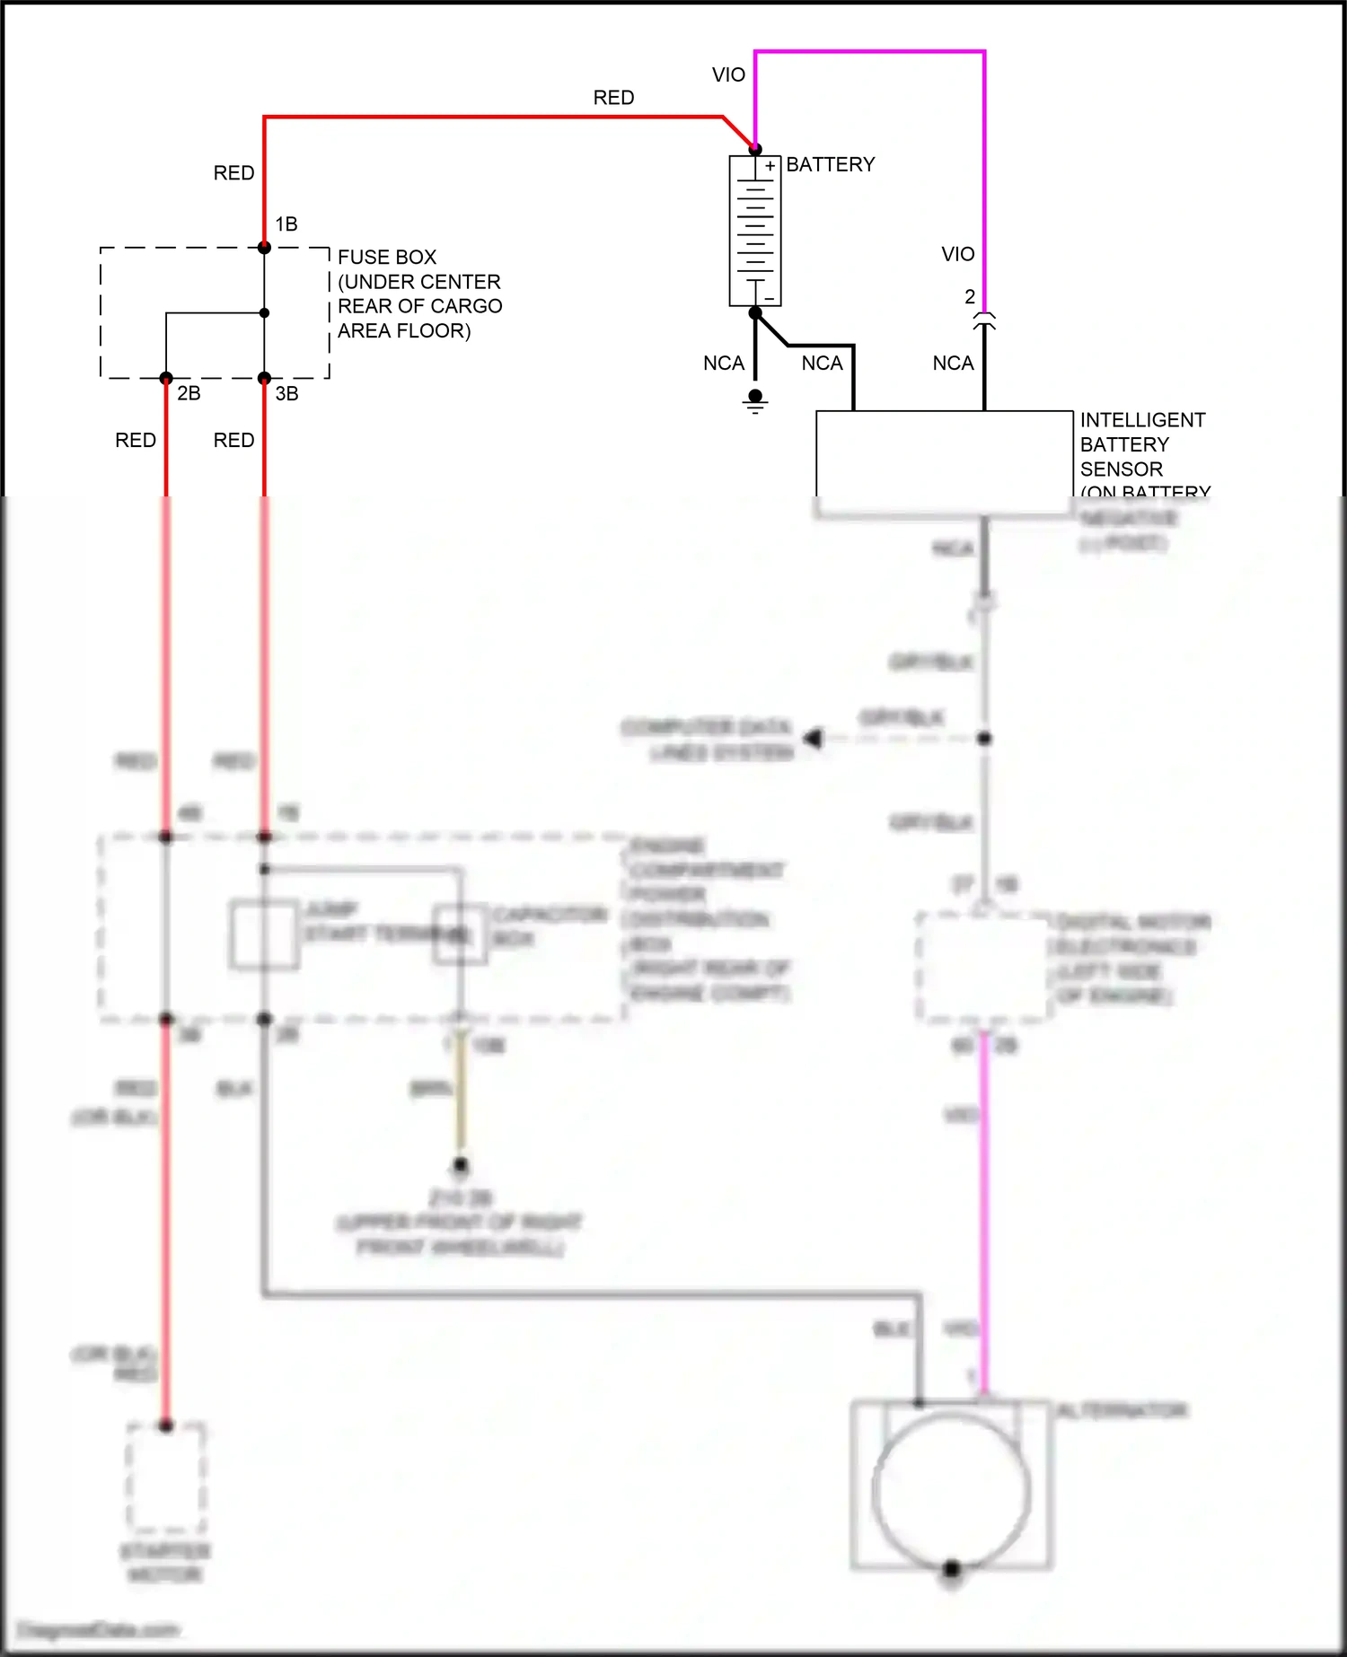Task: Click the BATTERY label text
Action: click(830, 164)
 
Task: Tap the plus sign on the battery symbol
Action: click(770, 166)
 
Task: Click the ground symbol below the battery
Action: click(755, 401)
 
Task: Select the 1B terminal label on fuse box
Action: click(286, 224)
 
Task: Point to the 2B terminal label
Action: click(189, 393)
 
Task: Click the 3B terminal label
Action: click(286, 393)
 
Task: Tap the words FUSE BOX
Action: click(386, 257)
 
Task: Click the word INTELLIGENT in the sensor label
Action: click(1142, 420)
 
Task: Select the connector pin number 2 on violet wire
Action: click(970, 296)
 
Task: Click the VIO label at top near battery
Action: click(728, 75)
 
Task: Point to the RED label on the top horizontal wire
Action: click(613, 97)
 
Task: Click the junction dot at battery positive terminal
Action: click(755, 149)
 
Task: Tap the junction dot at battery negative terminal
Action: click(755, 312)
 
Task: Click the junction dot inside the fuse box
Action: click(264, 313)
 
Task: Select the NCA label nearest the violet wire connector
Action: click(953, 364)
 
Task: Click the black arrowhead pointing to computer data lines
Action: click(814, 738)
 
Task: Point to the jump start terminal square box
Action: click(264, 934)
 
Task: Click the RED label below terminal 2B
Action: click(136, 440)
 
